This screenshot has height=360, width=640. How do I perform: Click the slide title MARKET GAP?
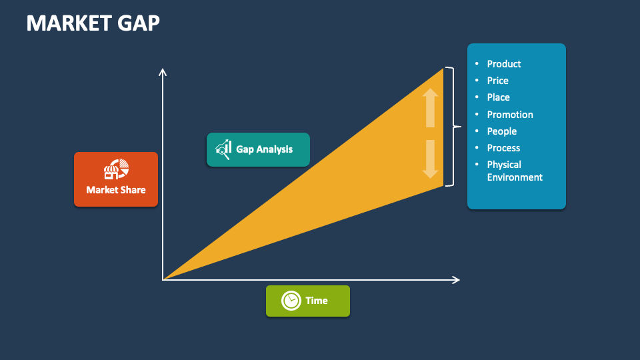[x=93, y=23]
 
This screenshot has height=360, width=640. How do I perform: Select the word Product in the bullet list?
[x=503, y=64]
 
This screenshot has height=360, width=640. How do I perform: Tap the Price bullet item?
[x=497, y=81]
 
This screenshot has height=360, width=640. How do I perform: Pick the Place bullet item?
[x=498, y=97]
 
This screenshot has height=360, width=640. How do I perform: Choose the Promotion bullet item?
[x=509, y=115]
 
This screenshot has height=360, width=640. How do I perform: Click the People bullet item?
[x=501, y=131]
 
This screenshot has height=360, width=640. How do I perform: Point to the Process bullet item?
[x=503, y=148]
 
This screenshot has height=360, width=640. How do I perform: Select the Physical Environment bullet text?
[x=514, y=171]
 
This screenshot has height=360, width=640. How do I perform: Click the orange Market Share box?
[x=116, y=179]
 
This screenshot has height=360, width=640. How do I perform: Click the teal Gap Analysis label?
[x=258, y=149]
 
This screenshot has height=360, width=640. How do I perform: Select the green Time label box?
[x=307, y=301]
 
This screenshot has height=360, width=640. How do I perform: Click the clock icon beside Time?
[x=291, y=301]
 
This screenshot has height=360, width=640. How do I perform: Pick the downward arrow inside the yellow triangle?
[x=430, y=160]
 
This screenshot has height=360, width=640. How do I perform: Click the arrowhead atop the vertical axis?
[x=163, y=71]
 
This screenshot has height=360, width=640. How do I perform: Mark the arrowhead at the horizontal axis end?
[x=457, y=279]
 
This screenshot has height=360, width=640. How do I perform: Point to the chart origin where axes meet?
[x=163, y=279]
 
